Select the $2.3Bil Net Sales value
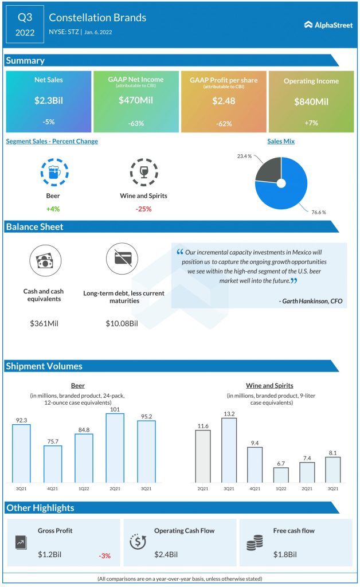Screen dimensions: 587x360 pos(48,100)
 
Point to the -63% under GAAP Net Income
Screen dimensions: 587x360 pos(136,122)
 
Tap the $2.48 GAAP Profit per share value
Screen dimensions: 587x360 pos(224,100)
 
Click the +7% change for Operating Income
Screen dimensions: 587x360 pos(311,122)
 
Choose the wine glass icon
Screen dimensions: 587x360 pos(143,172)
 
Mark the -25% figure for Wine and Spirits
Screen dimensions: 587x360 pos(143,209)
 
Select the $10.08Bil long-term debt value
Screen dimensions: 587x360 pos(122,323)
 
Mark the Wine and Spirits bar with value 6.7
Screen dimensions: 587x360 pos(281,475)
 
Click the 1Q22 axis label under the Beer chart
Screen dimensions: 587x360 pos(83,488)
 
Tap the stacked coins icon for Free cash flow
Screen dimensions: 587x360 pos(254,542)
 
